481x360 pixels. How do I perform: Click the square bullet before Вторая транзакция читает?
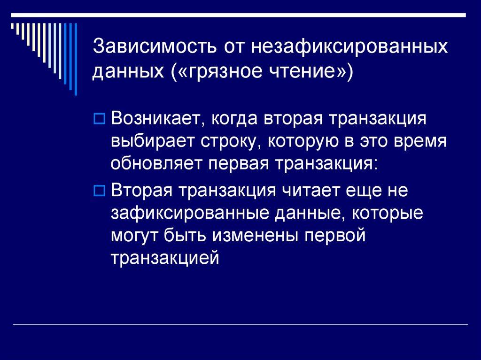(99, 191)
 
